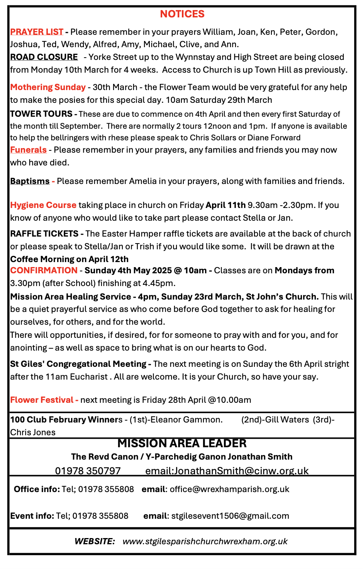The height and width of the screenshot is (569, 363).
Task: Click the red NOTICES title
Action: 182,14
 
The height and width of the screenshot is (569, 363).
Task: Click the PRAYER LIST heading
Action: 37,32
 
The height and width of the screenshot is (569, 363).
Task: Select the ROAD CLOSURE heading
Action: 44,57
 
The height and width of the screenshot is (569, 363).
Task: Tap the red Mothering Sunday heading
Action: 48,87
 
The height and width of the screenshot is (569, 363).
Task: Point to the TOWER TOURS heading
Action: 41,114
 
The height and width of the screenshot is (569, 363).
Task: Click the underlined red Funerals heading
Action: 28,150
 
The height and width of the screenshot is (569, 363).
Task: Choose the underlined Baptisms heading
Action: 30,181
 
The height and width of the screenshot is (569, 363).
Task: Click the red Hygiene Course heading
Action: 43,205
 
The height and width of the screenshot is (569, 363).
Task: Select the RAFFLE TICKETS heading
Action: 44,234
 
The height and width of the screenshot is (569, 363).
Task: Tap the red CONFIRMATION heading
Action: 44,271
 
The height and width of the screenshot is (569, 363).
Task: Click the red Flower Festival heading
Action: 42,400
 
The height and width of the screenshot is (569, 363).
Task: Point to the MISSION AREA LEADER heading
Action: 182,443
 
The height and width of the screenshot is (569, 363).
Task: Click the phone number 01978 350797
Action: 88,471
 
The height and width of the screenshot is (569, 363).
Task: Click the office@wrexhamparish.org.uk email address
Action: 229,489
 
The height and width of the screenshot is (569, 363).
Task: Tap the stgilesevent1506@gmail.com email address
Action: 230,516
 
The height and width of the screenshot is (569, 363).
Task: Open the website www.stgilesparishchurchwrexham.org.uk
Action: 205,541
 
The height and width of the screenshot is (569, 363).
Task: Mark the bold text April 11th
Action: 226,205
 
